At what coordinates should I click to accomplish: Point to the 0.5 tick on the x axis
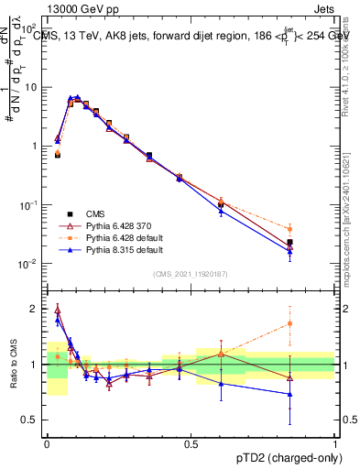click(x=191, y=442)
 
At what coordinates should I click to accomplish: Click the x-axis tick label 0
click(x=47, y=442)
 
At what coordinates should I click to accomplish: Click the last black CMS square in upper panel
click(x=290, y=242)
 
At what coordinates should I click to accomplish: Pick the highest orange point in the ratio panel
click(x=290, y=323)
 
